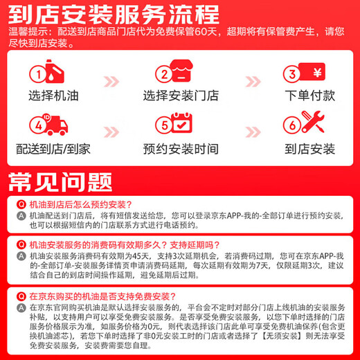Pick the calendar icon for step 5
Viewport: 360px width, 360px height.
point(181,125)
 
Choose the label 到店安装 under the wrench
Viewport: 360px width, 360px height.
point(309,148)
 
